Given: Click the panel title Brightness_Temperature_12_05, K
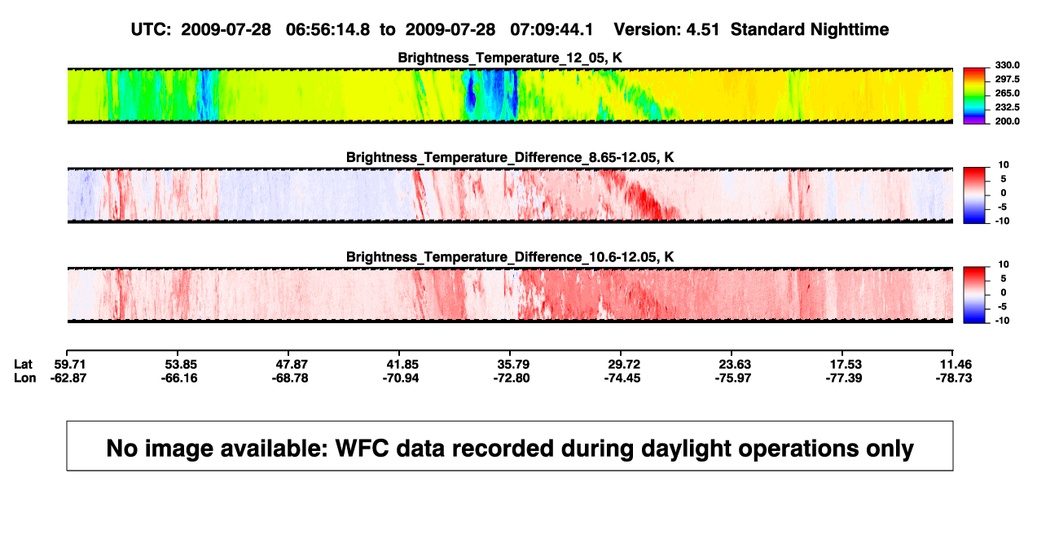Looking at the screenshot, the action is pos(510,58).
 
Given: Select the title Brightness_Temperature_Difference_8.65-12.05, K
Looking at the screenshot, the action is pos(510,157).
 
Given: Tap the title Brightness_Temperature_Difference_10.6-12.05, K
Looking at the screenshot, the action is pos(510,257).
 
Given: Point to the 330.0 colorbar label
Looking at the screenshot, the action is pos(1007,65).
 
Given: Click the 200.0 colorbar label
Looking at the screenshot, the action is pos(1007,121).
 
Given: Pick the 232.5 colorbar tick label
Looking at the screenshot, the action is pos(1007,107).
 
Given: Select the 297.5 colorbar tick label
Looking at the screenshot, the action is pos(1007,80).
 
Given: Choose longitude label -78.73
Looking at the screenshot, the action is pos(954,378).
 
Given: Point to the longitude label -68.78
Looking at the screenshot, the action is pos(290,378).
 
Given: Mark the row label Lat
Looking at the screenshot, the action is pos(23,365).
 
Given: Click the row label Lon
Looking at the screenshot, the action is pos(25,378).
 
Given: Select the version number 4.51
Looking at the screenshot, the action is pos(702,30).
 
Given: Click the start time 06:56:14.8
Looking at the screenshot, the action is pos(327,30).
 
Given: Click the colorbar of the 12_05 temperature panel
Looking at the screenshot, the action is pos(974,96).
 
